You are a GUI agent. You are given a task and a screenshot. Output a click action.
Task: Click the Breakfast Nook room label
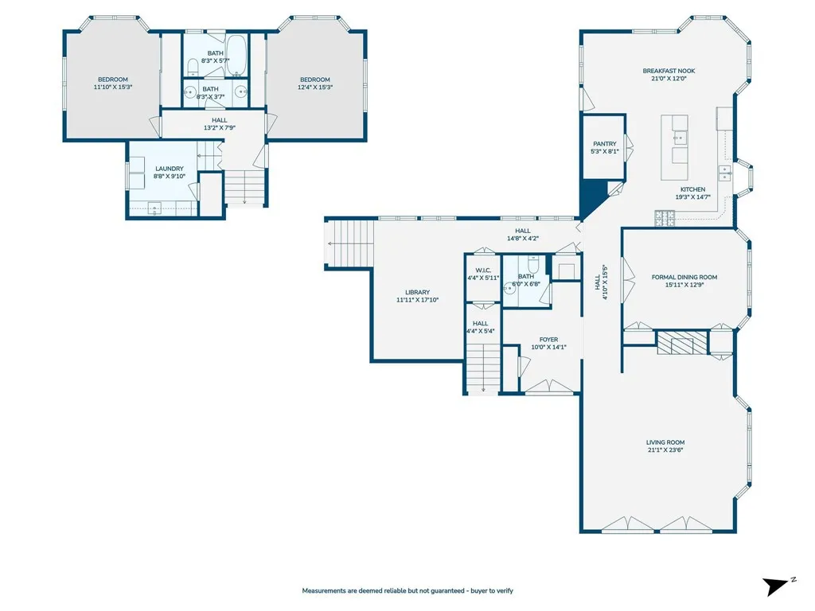point(669,71)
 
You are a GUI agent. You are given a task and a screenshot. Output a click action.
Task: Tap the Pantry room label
point(605,144)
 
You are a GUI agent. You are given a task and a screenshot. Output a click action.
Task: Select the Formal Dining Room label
point(684,277)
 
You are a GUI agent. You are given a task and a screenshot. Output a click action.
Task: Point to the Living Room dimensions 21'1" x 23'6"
point(665,450)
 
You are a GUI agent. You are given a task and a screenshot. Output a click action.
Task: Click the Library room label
point(417,293)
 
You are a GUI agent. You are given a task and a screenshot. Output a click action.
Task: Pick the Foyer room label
point(548,340)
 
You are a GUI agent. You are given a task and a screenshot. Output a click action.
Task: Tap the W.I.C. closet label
point(483,270)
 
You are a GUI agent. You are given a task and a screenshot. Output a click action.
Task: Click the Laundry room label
point(170,169)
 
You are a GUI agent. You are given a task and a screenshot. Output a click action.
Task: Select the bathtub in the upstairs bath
point(237,55)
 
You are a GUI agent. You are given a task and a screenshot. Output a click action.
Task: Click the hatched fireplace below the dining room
point(682,343)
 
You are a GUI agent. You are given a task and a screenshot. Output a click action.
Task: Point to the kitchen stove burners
point(665,218)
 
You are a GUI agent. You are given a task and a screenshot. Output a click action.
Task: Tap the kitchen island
point(675,147)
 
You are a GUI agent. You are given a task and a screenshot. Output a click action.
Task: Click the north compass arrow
point(777,586)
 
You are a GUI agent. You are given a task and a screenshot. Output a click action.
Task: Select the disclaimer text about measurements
point(407,591)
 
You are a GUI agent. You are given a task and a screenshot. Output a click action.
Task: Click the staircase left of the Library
point(349,243)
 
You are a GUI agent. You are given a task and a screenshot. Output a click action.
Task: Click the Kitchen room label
point(693,189)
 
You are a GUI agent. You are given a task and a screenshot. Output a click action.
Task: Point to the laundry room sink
point(154,209)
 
